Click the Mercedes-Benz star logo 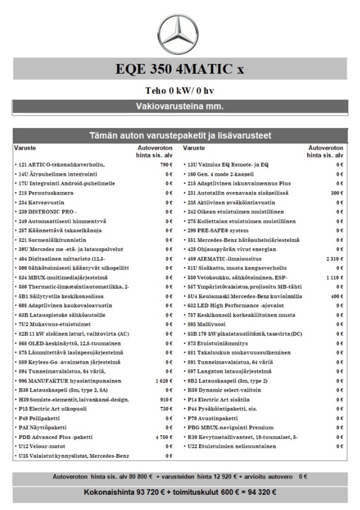pyautogui.click(x=180, y=34)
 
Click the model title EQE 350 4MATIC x pyautogui.click(x=180, y=69)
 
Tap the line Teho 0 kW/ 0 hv pyautogui.click(x=180, y=91)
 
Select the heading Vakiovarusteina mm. pyautogui.click(x=180, y=105)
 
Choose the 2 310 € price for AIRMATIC pyautogui.click(x=335, y=259)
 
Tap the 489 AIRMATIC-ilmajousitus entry pyautogui.click(x=222, y=259)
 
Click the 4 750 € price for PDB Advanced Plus pyautogui.click(x=164, y=437)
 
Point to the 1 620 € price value pyautogui.click(x=164, y=381)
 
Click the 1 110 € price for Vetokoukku pyautogui.click(x=335, y=277)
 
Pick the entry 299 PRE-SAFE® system pyautogui.click(x=217, y=230)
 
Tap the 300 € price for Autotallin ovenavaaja pyautogui.click(x=337, y=193)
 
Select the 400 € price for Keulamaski pyautogui.click(x=337, y=296)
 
